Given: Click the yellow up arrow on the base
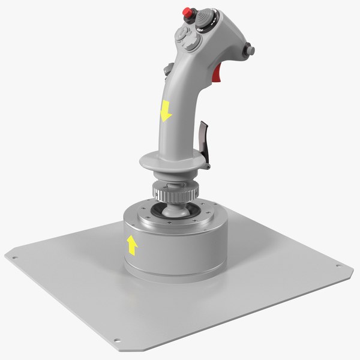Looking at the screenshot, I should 132,244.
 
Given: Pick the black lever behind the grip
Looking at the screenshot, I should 205,135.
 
